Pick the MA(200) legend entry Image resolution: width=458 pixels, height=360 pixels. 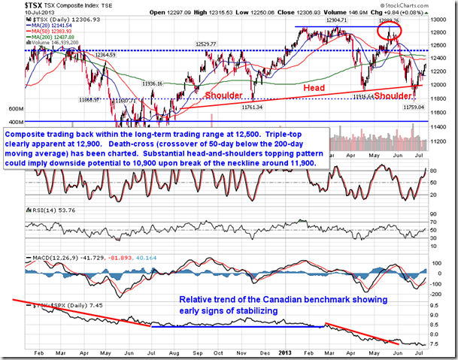(x=56, y=37)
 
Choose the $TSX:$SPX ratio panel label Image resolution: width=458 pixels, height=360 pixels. (x=61, y=307)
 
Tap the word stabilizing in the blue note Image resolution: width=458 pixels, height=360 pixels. (x=252, y=309)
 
